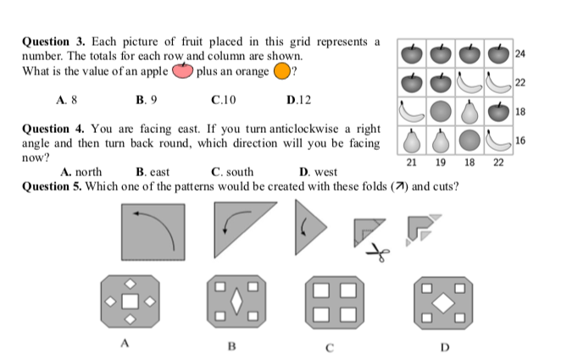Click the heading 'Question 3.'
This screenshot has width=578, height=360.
click(x=49, y=41)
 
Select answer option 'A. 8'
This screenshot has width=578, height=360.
click(x=67, y=99)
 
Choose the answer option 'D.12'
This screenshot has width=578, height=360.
click(x=299, y=99)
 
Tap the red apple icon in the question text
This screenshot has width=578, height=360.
click(x=183, y=70)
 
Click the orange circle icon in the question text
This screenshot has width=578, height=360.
click(x=280, y=71)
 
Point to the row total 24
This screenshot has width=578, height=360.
click(x=520, y=54)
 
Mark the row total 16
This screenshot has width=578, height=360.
click(x=520, y=140)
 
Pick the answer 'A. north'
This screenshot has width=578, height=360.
click(x=82, y=172)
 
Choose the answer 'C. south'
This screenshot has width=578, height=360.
click(x=232, y=172)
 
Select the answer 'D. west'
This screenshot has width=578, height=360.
click(x=313, y=172)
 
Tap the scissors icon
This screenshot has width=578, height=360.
click(x=379, y=252)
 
